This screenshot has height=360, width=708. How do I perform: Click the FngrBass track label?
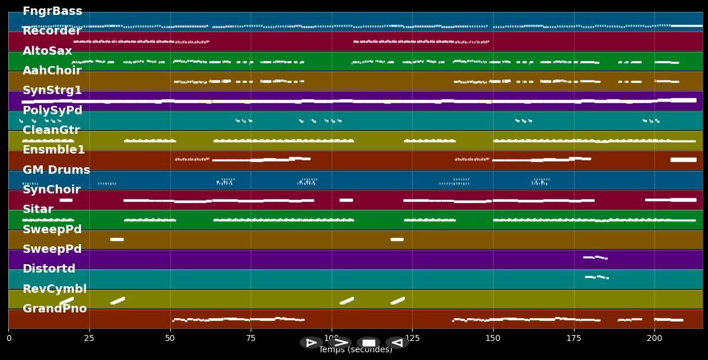(52, 11)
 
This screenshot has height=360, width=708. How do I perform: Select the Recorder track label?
(52, 31)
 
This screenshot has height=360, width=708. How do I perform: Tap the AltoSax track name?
(48, 51)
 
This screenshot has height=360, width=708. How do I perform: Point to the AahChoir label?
(52, 71)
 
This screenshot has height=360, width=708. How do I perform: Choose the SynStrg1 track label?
(52, 90)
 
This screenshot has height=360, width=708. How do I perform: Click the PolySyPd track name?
(52, 111)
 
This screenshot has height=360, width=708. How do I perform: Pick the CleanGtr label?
(51, 130)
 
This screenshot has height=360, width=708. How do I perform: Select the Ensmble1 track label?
(54, 150)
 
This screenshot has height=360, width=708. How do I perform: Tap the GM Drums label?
(57, 170)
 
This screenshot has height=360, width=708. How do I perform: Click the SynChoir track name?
(52, 190)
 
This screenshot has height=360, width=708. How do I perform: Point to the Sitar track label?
(38, 209)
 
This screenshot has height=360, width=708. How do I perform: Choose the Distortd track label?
(49, 269)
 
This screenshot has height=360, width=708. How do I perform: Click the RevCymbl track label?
(55, 289)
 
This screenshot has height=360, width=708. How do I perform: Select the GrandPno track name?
(55, 309)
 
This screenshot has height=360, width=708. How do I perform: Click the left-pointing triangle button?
(397, 343)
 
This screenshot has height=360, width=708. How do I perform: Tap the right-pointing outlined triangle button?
(311, 343)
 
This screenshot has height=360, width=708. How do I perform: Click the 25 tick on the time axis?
(89, 338)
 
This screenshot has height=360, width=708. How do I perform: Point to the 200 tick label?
(654, 338)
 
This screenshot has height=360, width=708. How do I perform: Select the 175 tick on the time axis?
(573, 338)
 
